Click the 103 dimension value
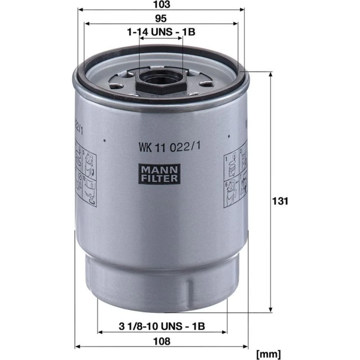pos(162,4)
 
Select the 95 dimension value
pos(161,18)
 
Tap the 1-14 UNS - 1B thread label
pos(161,32)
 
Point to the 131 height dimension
pos(280,201)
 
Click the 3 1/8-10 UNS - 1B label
pos(162,326)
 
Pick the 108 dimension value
pos(162,341)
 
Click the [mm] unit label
pos(268,354)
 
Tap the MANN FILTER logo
pos(159,174)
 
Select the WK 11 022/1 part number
pos(170,147)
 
